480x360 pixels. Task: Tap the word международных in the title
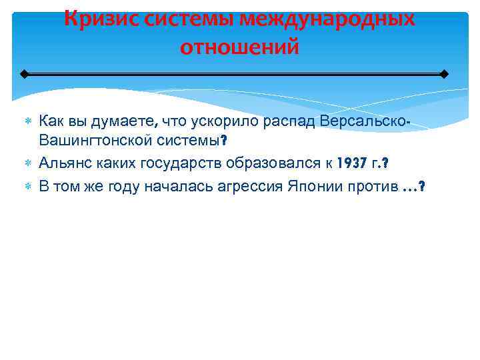click(x=328, y=18)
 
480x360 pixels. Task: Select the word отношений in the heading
click(x=239, y=48)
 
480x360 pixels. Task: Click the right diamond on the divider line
click(x=445, y=73)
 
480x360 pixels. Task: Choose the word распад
click(x=291, y=121)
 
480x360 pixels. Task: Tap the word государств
click(x=189, y=163)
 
